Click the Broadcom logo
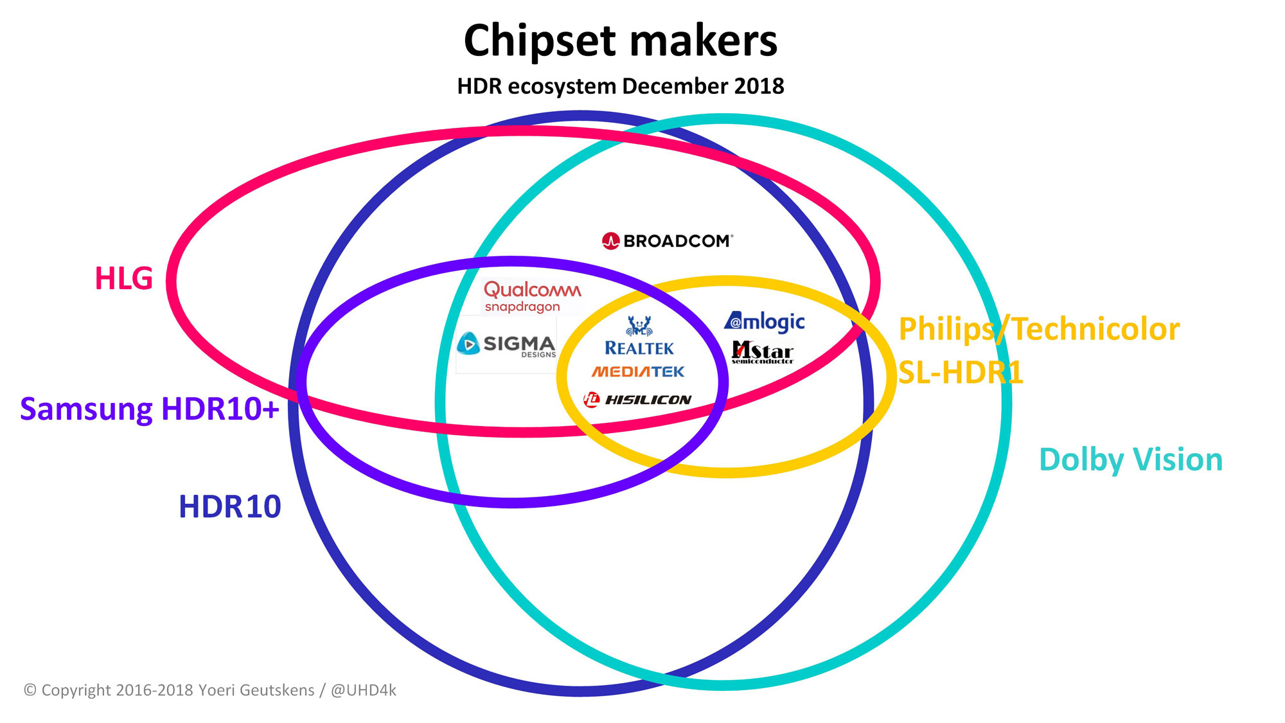click(x=668, y=241)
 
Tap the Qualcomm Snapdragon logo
click(x=533, y=296)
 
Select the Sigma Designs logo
click(x=506, y=344)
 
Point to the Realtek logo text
click(x=639, y=348)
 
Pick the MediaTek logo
click(x=638, y=371)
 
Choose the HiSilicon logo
click(x=637, y=400)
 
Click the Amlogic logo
click(x=765, y=321)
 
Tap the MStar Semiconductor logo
click(x=763, y=352)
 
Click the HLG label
click(x=124, y=278)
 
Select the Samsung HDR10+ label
click(x=150, y=409)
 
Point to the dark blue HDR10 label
click(x=230, y=506)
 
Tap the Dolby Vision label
click(x=1131, y=460)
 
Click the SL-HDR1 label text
click(x=961, y=372)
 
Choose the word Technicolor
click(x=1096, y=329)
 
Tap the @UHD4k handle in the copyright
click(x=364, y=690)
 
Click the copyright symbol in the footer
click(x=30, y=690)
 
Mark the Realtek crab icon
click(x=639, y=326)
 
